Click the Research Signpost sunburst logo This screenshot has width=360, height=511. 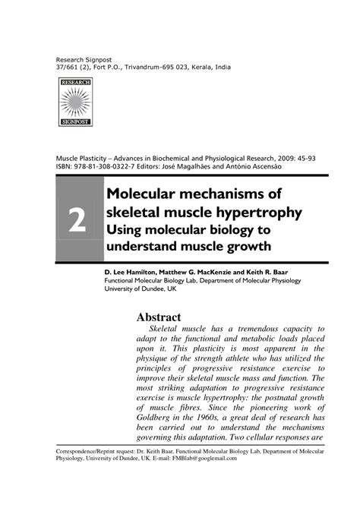(74, 102)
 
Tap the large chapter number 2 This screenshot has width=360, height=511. (77, 219)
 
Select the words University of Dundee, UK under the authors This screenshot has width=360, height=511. (140, 289)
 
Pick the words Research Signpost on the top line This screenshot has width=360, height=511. (82, 58)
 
